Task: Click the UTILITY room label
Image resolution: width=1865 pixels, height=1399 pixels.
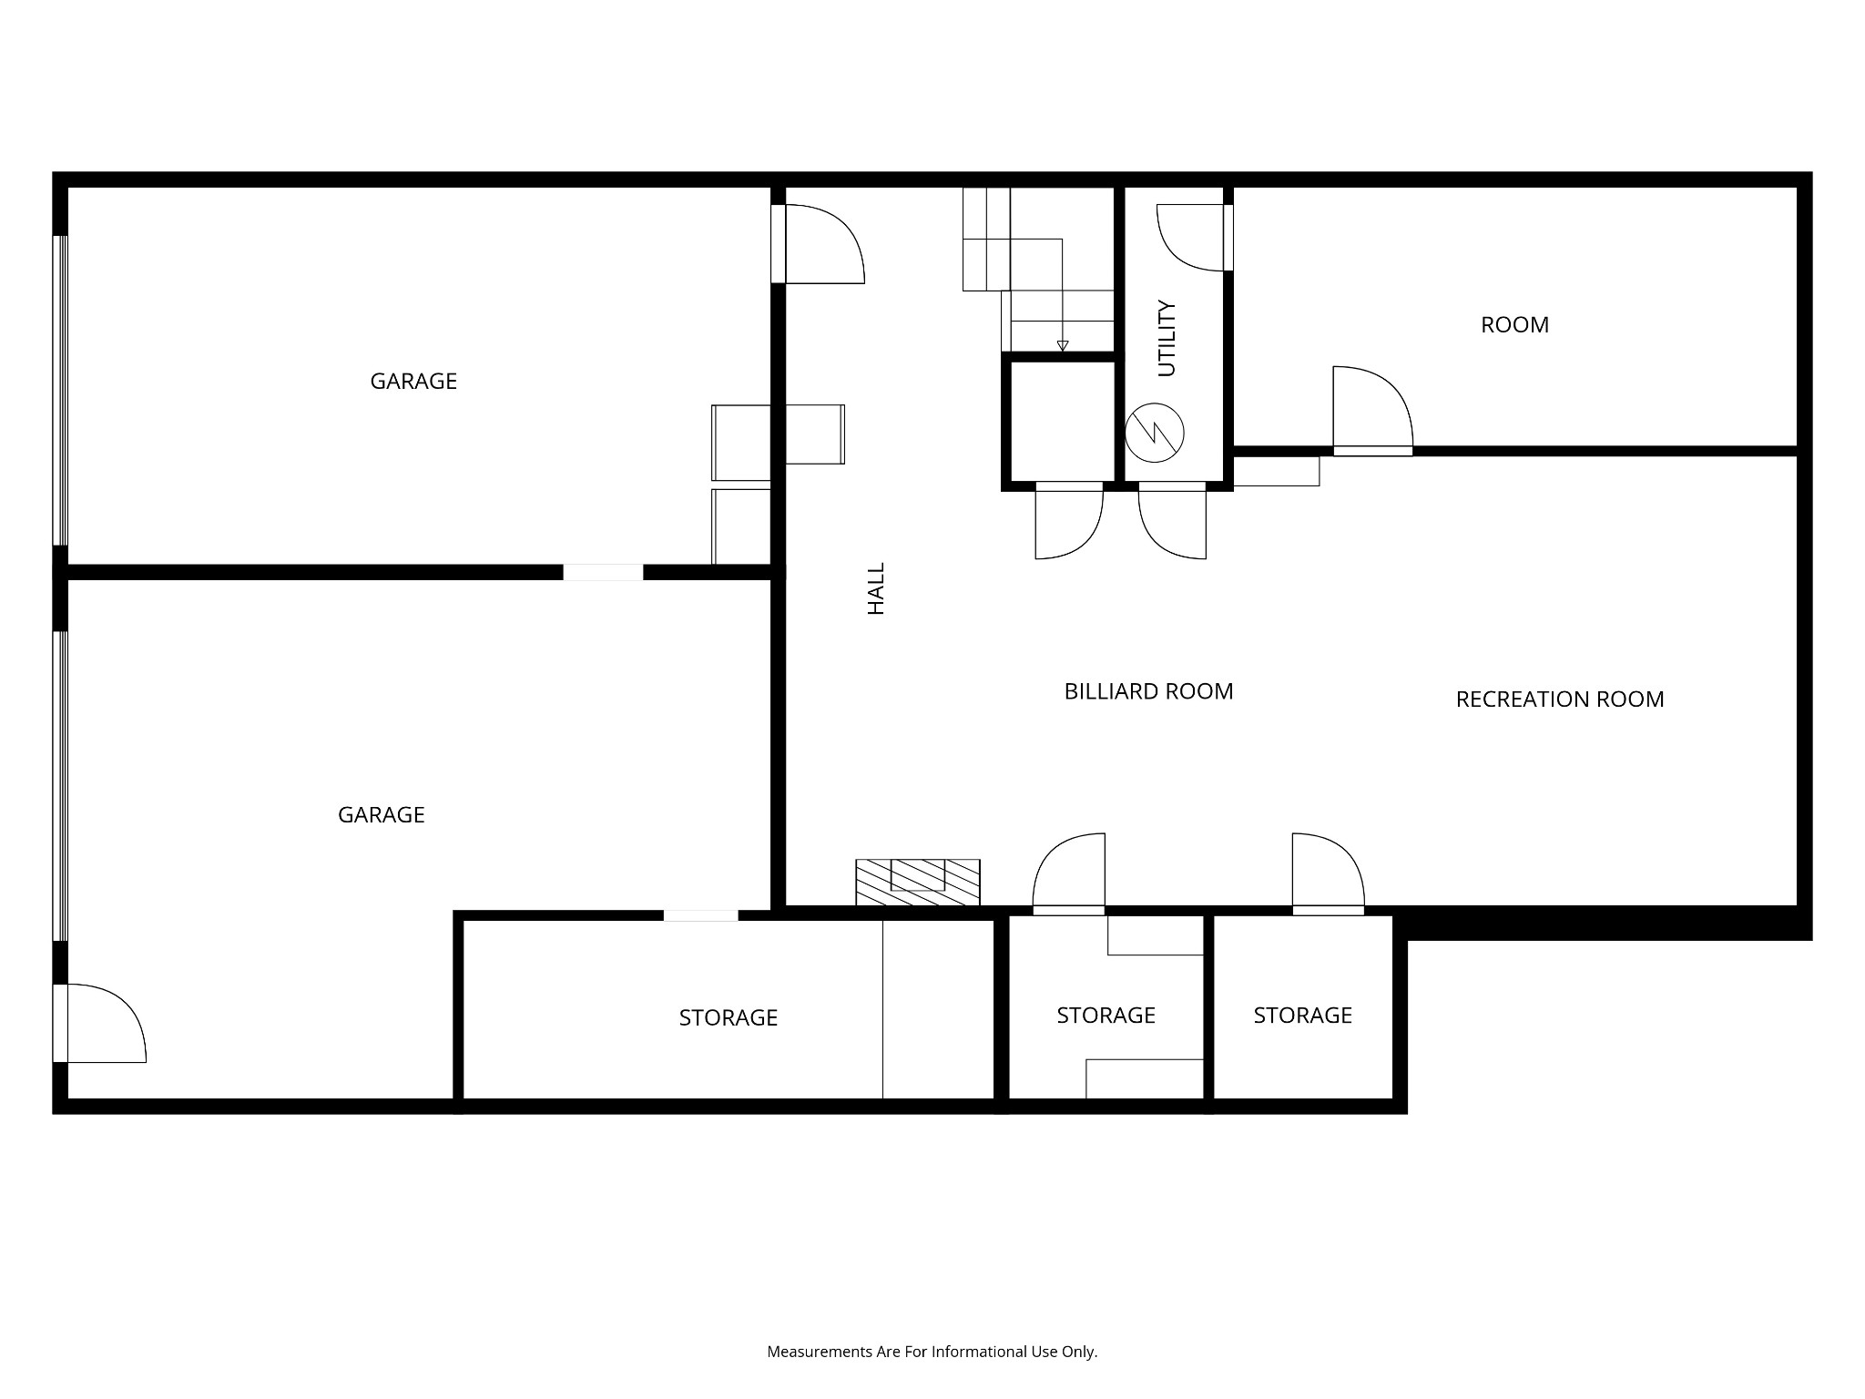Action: (x=1167, y=339)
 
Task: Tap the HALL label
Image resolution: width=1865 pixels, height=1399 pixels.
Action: (x=876, y=588)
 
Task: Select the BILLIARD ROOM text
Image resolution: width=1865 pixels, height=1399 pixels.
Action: (x=1148, y=691)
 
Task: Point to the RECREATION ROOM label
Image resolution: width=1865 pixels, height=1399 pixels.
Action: (x=1559, y=699)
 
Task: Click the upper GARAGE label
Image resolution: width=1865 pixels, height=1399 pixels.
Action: (x=413, y=381)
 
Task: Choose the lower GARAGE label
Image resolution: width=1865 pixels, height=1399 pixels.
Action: (x=381, y=814)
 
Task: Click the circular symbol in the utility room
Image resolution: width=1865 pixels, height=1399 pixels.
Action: (x=1154, y=433)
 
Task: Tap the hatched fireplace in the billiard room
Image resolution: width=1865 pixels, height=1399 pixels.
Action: (x=917, y=882)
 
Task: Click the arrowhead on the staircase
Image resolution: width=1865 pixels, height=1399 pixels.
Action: (x=1062, y=345)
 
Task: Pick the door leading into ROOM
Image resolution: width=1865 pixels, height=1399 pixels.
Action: (x=1371, y=409)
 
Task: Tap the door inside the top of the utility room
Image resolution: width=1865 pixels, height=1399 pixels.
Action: (x=1192, y=237)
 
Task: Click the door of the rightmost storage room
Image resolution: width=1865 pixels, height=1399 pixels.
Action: (x=1327, y=873)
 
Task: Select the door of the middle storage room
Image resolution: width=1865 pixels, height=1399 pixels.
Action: (x=1069, y=873)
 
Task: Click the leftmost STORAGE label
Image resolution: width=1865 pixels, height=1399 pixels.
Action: (x=728, y=1017)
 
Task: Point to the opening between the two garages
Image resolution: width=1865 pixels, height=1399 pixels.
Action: (x=603, y=572)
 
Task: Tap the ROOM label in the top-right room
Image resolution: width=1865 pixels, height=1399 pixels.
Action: (x=1514, y=325)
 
